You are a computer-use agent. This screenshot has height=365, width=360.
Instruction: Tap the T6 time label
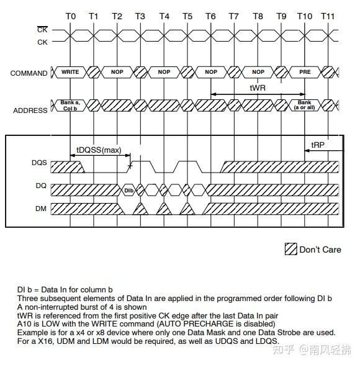pos(211,16)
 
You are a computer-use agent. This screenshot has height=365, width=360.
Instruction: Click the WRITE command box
pos(70,73)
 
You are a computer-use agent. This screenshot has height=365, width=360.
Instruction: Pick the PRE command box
pos(304,73)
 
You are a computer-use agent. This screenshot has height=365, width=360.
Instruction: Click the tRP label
pos(318,145)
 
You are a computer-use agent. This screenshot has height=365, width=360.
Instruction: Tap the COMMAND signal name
pos(29,73)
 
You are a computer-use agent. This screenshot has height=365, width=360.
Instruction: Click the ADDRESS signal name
pos(30,110)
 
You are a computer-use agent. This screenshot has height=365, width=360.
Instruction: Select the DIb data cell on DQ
pos(129,189)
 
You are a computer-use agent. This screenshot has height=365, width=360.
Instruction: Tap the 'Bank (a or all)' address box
pos(304,106)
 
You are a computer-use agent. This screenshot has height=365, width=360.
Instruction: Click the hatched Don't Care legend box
pos(290,250)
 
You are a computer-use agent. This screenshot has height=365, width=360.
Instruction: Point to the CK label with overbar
pos(42,29)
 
